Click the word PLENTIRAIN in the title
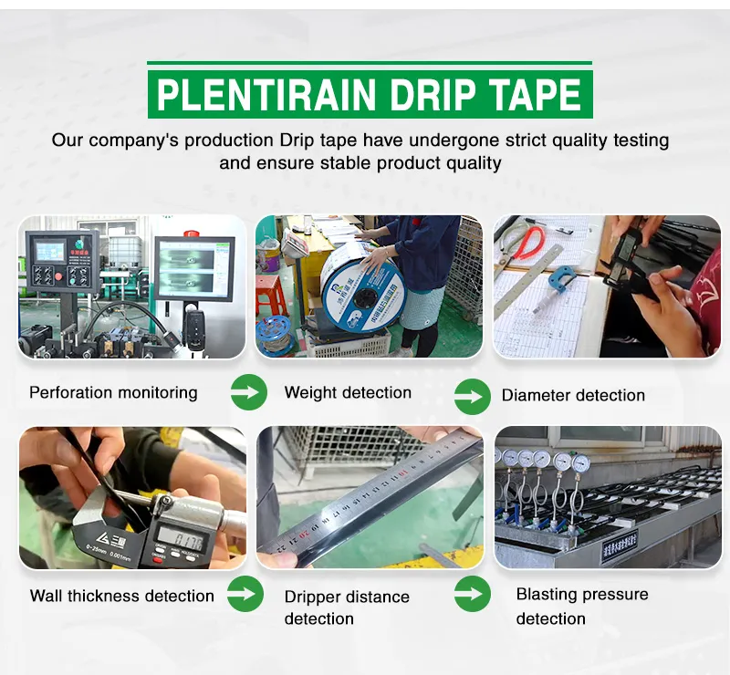(266, 95)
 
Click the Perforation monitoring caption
(113, 393)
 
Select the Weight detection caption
(348, 393)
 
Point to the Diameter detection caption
(573, 396)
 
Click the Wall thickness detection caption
(121, 597)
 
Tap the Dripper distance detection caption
(347, 607)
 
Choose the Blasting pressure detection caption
(582, 607)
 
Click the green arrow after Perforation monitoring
(248, 391)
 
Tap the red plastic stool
(270, 295)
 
